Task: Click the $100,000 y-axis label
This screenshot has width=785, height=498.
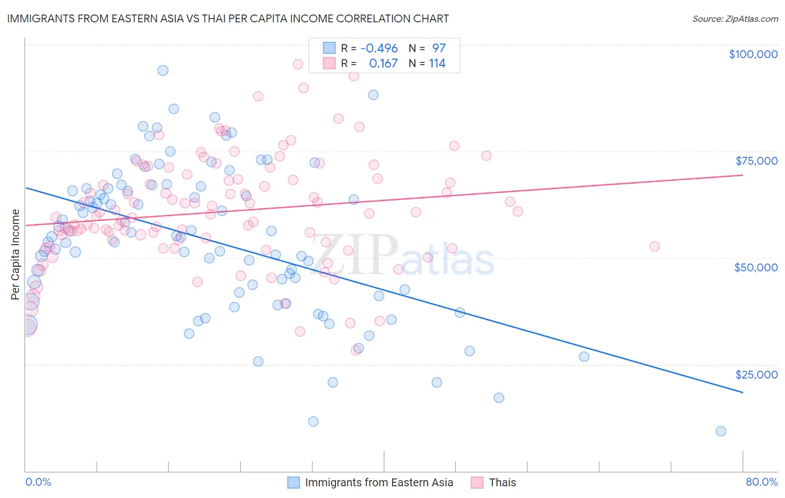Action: click(753, 54)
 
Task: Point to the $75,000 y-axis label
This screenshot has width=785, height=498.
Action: click(756, 161)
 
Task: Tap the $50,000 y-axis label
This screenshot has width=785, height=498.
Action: click(755, 267)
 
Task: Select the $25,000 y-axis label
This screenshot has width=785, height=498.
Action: click(756, 374)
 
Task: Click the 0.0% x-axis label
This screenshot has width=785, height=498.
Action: click(38, 482)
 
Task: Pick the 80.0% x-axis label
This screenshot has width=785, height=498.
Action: click(762, 482)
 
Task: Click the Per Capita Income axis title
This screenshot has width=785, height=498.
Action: click(16, 255)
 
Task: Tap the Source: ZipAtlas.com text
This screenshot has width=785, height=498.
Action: click(735, 18)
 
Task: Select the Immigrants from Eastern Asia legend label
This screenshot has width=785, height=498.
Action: click(379, 482)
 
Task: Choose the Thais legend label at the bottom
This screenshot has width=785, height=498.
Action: click(502, 482)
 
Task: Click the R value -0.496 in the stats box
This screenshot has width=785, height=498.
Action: click(379, 48)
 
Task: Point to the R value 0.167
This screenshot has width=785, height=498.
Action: click(383, 64)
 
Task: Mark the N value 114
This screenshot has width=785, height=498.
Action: click(437, 64)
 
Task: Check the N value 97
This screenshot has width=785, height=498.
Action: click(439, 48)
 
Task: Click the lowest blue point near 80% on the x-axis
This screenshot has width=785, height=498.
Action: click(721, 431)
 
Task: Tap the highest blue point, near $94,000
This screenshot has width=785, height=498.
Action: click(163, 70)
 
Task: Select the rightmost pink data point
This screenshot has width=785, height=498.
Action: click(654, 246)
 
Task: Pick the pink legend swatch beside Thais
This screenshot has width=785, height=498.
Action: click(477, 482)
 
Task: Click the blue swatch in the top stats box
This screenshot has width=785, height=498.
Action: click(329, 48)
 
